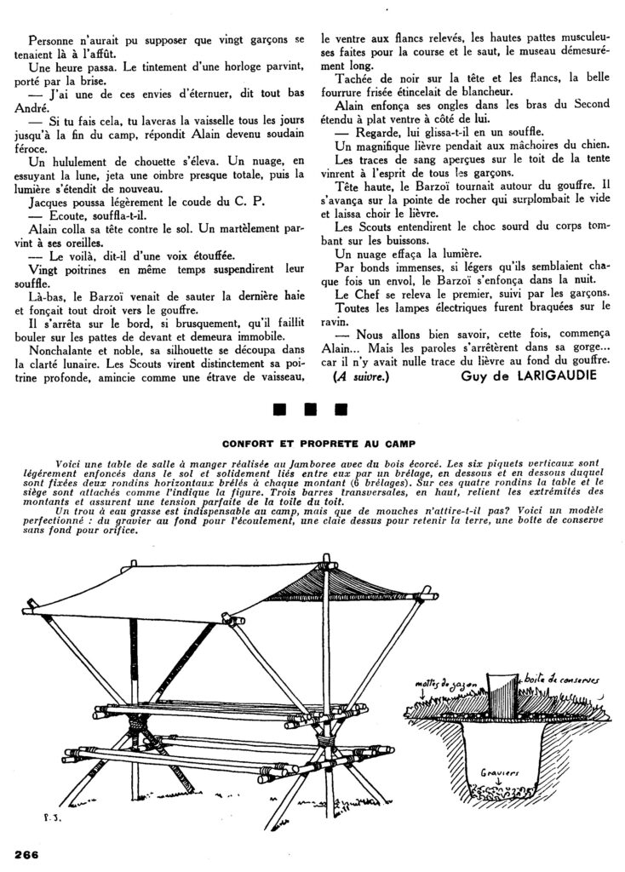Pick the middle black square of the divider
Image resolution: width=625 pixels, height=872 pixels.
pyautogui.click(x=311, y=410)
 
